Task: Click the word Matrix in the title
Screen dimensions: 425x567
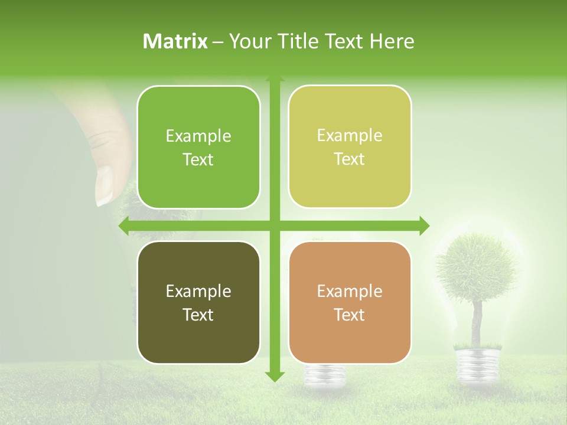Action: (175, 41)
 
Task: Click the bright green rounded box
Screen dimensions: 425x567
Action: (198, 148)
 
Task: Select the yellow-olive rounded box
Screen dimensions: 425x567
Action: (350, 147)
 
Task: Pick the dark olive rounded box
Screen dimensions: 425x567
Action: (198, 302)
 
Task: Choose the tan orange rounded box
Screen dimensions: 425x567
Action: (350, 302)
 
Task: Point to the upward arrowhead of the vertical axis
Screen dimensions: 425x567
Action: (274, 79)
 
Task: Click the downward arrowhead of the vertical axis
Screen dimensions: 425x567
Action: (274, 375)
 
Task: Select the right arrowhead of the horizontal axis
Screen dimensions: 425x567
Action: (424, 225)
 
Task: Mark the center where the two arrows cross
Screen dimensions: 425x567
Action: (274, 225)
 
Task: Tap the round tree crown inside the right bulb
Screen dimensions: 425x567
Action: (470, 263)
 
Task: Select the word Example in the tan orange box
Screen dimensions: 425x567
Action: (350, 291)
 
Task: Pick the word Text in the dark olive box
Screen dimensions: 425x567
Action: (198, 315)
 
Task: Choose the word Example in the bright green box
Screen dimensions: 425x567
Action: (198, 136)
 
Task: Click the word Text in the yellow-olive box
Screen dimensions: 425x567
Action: (350, 159)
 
